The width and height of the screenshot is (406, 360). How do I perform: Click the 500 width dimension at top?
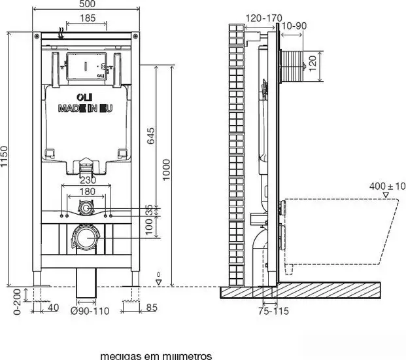point(86,5)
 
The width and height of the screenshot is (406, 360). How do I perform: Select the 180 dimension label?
point(86,191)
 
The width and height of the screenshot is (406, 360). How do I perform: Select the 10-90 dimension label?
point(292,26)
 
